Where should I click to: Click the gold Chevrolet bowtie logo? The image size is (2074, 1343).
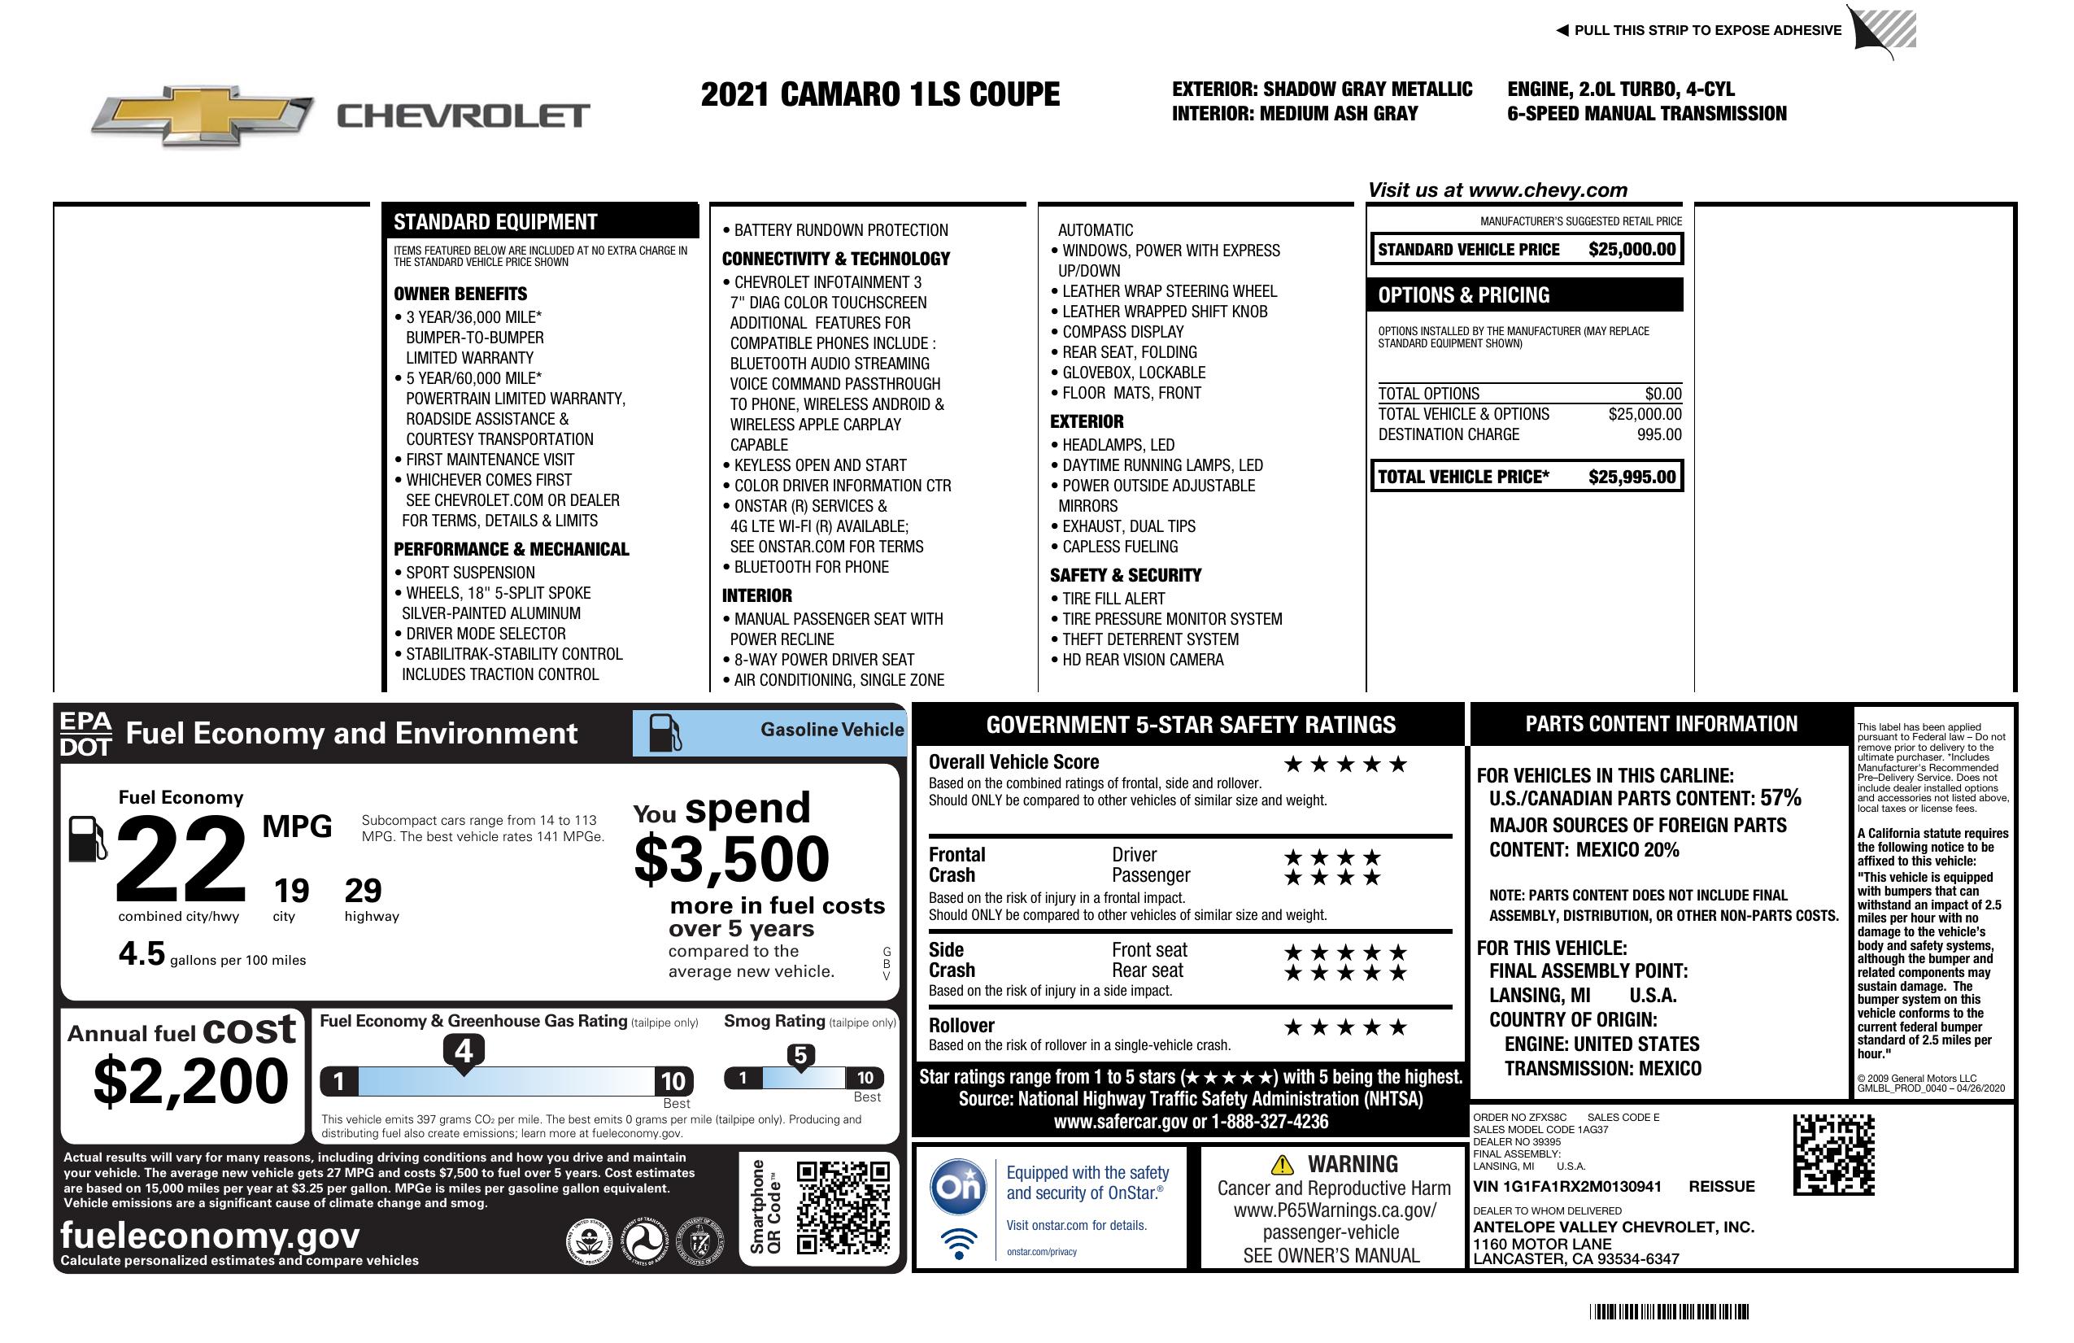203,114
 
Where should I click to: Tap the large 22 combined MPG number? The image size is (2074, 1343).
181,858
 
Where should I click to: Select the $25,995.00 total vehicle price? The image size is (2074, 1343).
1632,477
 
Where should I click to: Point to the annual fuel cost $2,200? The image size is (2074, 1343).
190,1081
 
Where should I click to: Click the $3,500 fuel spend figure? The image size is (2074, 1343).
731,859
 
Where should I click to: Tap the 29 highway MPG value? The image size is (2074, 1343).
363,891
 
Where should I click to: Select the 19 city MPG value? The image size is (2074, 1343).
291,891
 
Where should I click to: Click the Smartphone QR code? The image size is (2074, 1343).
843,1207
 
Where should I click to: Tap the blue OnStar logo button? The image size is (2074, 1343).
959,1186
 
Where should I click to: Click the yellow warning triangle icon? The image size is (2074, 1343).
1282,1164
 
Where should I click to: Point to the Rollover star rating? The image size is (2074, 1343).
1345,1027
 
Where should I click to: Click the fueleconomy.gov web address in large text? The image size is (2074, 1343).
210,1235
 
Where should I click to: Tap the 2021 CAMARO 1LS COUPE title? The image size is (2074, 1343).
879,94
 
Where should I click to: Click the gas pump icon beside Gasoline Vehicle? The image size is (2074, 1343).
665,733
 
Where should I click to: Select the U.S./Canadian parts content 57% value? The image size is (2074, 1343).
1780,798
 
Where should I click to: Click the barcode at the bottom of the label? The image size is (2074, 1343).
1668,1311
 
